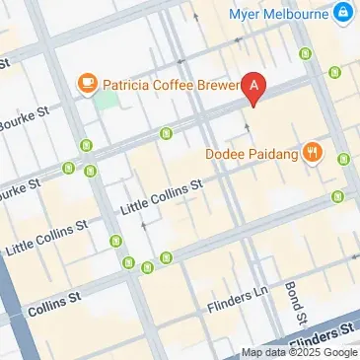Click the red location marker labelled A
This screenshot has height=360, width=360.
255,89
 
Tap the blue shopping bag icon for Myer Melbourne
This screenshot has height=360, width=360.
342,13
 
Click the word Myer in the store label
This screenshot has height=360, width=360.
244,14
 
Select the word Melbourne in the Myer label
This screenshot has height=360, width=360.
294,14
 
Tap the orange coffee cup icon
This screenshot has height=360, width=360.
87,81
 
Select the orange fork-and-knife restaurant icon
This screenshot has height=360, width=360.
313,152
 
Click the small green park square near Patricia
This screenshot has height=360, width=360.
104,100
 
